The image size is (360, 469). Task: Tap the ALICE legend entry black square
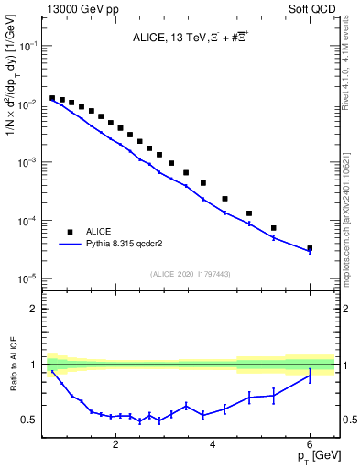point(70,232)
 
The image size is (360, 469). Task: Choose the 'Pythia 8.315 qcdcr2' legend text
point(130,245)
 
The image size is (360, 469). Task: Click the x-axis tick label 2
point(115,444)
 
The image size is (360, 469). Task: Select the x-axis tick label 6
point(310,444)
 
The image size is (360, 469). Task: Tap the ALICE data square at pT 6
point(310,248)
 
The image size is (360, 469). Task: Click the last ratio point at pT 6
point(310,376)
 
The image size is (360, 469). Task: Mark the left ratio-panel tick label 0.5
point(33,420)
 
